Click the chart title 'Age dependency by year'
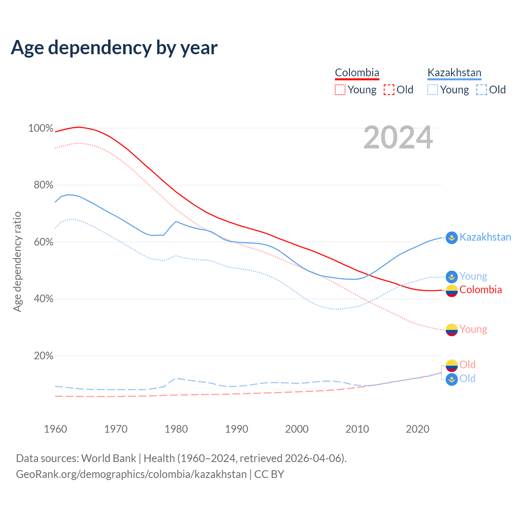pyautogui.click(x=114, y=48)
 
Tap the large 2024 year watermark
pyautogui.click(x=398, y=138)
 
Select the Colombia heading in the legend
pyautogui.click(x=357, y=73)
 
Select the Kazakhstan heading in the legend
pyautogui.click(x=454, y=73)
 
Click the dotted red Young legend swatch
pyautogui.click(x=340, y=90)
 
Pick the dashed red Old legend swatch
pyautogui.click(x=389, y=90)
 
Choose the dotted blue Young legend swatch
pyautogui.click(x=433, y=90)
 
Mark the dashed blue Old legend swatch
pyautogui.click(x=482, y=90)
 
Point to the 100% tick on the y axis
pyautogui.click(x=41, y=128)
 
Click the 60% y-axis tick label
pyautogui.click(x=43, y=242)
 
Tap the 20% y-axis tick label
pyautogui.click(x=43, y=356)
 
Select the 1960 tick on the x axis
pyautogui.click(x=55, y=429)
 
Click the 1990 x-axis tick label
pyautogui.click(x=237, y=429)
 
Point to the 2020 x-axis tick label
pyautogui.click(x=418, y=429)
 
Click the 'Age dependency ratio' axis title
pyautogui.click(x=17, y=261)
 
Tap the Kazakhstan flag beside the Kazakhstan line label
pyautogui.click(x=451, y=237)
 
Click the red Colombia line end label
pyautogui.click(x=480, y=290)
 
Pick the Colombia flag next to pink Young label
pyautogui.click(x=451, y=330)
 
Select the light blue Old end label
pyautogui.click(x=467, y=378)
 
